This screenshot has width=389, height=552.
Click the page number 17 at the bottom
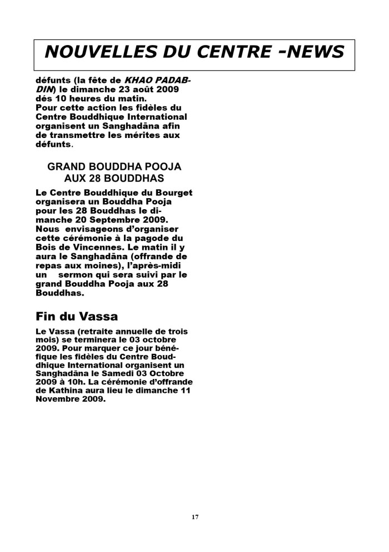(194, 517)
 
